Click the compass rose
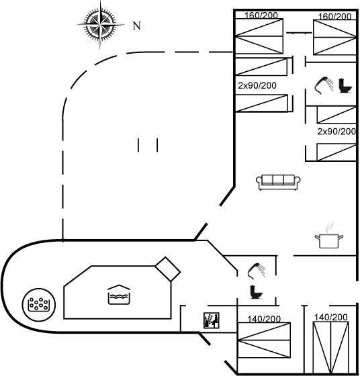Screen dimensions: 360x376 coord(100,24)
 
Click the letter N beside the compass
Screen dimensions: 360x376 coord(137,26)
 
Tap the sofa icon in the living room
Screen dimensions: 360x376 coord(278,182)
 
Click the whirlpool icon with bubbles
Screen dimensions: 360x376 coord(39,305)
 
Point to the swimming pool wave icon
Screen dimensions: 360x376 coord(119,295)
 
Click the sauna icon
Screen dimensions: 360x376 coord(212,320)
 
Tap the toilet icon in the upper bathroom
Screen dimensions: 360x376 coord(345,86)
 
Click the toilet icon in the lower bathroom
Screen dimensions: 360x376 coord(256,292)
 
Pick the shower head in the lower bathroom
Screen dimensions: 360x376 coord(257,271)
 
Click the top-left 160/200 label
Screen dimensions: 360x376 coord(261,15)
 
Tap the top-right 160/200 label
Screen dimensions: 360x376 coord(334,16)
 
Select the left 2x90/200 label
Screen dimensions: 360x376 coord(257,85)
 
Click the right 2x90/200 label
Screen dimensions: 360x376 coord(336,132)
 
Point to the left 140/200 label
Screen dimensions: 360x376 coord(264,319)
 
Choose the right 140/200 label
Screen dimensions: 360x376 coord(330,317)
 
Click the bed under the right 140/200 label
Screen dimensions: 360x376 coord(330,347)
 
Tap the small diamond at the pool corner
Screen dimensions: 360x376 coord(168,269)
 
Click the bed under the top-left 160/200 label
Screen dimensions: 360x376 coord(259,36)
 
